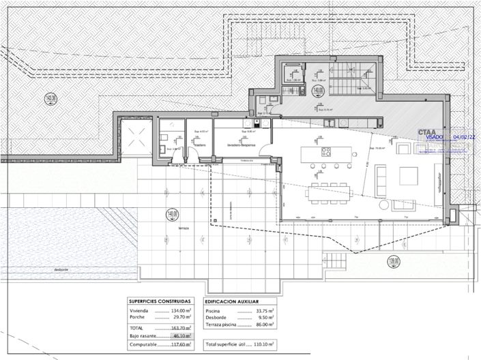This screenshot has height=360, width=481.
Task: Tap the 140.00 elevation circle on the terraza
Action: pyautogui.click(x=172, y=215)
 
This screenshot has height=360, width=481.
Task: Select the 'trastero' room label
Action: pyautogui.click(x=199, y=145)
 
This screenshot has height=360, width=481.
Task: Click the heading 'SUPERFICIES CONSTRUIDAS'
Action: pyautogui.click(x=160, y=300)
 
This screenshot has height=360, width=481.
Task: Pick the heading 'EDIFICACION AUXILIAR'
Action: pyautogui.click(x=232, y=300)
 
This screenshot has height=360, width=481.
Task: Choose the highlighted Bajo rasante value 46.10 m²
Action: pyautogui.click(x=181, y=335)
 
